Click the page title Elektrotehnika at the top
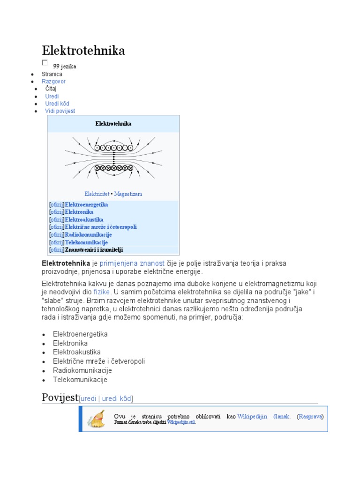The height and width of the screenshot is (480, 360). [83, 51]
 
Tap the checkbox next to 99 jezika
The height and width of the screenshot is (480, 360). [45, 62]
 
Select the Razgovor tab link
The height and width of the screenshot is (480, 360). [53, 81]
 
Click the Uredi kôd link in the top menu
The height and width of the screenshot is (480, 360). [57, 104]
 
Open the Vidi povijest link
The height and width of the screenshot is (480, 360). [60, 111]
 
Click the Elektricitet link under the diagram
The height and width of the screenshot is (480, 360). [97, 194]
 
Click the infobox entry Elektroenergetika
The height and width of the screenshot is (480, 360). [86, 205]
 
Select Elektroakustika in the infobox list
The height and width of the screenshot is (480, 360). [84, 219]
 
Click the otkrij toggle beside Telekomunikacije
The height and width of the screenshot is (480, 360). [56, 242]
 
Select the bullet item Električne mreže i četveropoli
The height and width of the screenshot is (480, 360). [99, 361]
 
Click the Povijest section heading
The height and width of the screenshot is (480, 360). [60, 398]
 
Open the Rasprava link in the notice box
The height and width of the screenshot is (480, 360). [311, 416]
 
